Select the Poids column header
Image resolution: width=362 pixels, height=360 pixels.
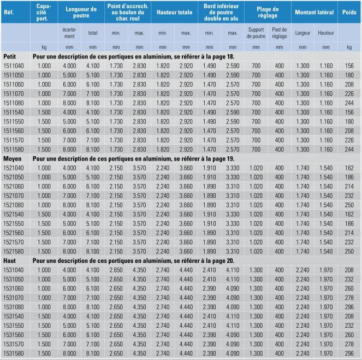tap(349, 11)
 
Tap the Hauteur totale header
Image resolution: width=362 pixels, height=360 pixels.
tap(174, 11)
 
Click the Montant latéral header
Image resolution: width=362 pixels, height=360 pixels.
tap(314, 11)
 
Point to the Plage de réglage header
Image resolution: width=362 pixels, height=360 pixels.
tap(268, 11)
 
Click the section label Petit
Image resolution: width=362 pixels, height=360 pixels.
tap(10, 56)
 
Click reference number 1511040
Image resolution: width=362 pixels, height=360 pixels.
tap(14, 66)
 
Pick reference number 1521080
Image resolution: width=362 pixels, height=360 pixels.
tap(14, 204)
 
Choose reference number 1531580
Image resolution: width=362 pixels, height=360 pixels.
tap(14, 353)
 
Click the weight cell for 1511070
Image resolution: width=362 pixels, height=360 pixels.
tap(349, 93)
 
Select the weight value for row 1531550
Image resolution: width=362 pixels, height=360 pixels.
tap(349, 325)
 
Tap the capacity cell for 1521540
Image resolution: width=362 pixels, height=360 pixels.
tap(44, 214)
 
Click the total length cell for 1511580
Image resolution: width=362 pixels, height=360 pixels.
tap(93, 149)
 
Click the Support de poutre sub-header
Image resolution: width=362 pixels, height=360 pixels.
tap(256, 33)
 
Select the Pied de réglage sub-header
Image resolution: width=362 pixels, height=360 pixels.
tap(279, 33)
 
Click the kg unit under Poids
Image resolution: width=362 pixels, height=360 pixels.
tap(349, 48)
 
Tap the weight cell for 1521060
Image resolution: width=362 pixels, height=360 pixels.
tap(349, 186)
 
